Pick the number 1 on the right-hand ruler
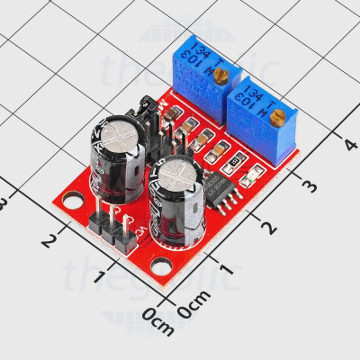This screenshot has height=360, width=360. coord(226,269)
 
